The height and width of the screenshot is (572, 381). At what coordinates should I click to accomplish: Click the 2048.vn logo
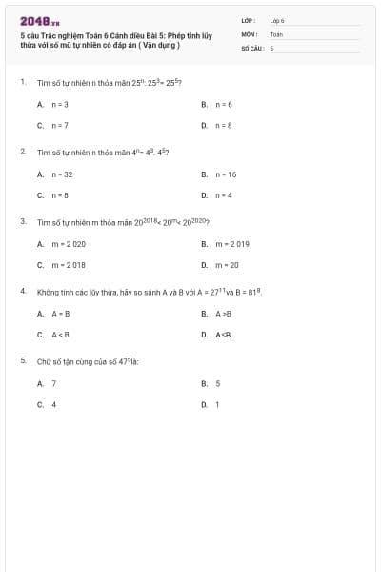(x=39, y=20)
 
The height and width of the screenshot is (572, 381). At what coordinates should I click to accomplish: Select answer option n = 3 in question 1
(x=59, y=104)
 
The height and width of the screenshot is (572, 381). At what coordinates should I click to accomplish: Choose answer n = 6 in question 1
(x=225, y=104)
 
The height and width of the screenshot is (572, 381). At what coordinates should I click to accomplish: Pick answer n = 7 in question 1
(x=59, y=125)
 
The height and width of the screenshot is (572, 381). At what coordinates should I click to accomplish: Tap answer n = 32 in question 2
(x=62, y=174)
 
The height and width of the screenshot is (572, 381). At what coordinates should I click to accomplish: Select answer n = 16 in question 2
(x=227, y=174)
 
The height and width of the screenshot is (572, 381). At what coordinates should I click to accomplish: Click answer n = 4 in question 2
(x=225, y=195)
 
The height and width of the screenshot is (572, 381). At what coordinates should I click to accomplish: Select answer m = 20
(x=228, y=265)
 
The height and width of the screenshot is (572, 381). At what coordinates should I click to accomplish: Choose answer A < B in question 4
(x=60, y=335)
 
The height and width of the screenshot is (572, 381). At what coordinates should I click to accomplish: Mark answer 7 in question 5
(x=53, y=383)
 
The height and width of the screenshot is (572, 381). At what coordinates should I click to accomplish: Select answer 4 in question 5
(x=53, y=404)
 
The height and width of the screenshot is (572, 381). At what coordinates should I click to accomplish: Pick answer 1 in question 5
(x=217, y=404)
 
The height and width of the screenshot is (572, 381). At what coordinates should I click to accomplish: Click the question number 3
(x=22, y=221)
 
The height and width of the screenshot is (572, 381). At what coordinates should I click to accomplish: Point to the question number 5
(x=22, y=360)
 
